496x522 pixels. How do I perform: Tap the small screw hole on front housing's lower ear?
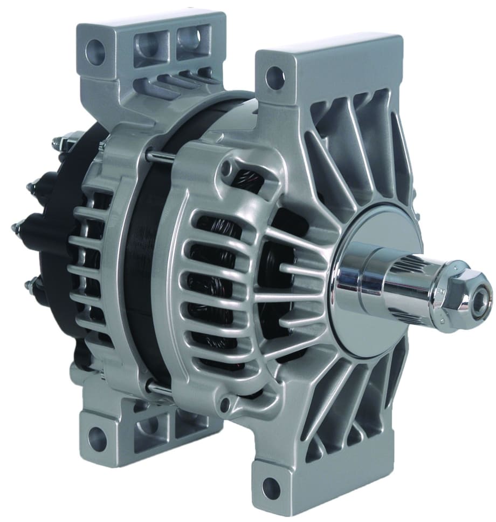point(229,402)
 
